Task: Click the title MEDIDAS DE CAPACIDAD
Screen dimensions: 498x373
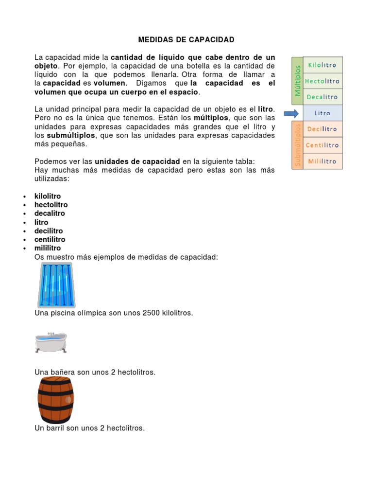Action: tap(186, 39)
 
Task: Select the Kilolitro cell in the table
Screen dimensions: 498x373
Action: tap(322, 65)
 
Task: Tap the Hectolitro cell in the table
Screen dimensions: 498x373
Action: tap(322, 81)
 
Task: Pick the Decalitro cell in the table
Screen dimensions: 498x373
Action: tap(322, 97)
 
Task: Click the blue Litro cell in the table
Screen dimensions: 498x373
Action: tap(322, 113)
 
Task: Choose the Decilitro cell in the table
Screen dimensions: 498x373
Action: tap(322, 129)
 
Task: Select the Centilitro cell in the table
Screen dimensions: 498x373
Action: tap(322, 145)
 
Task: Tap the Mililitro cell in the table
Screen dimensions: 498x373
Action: tap(322, 161)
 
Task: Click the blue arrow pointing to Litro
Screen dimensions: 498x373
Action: tap(292, 113)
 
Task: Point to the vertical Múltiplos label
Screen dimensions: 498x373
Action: tap(297, 81)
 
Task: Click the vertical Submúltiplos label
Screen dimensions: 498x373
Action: tap(297, 145)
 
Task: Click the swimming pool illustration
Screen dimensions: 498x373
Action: tap(55, 285)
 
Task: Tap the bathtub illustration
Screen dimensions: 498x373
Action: tap(51, 342)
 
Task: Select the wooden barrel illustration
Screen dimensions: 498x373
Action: tap(55, 400)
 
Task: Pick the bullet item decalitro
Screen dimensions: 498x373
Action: tap(50, 213)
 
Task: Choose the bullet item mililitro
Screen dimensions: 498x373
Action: tap(48, 248)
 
